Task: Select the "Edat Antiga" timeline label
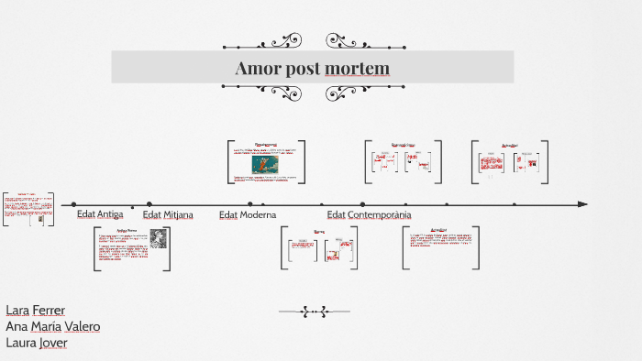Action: (x=100, y=214)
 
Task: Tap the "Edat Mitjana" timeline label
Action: (x=168, y=215)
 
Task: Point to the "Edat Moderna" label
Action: (x=248, y=215)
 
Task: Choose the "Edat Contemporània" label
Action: (x=369, y=215)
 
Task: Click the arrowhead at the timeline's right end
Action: (x=582, y=204)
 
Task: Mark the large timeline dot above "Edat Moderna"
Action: (x=250, y=204)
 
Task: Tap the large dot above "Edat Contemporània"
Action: (x=362, y=204)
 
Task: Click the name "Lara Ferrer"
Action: (x=35, y=311)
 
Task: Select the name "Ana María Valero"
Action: (x=52, y=326)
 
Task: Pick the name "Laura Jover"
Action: (x=37, y=343)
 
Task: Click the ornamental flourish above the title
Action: (x=315, y=41)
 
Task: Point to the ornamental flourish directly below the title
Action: (x=315, y=92)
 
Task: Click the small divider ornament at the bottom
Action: (x=315, y=312)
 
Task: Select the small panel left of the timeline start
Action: (x=28, y=212)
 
